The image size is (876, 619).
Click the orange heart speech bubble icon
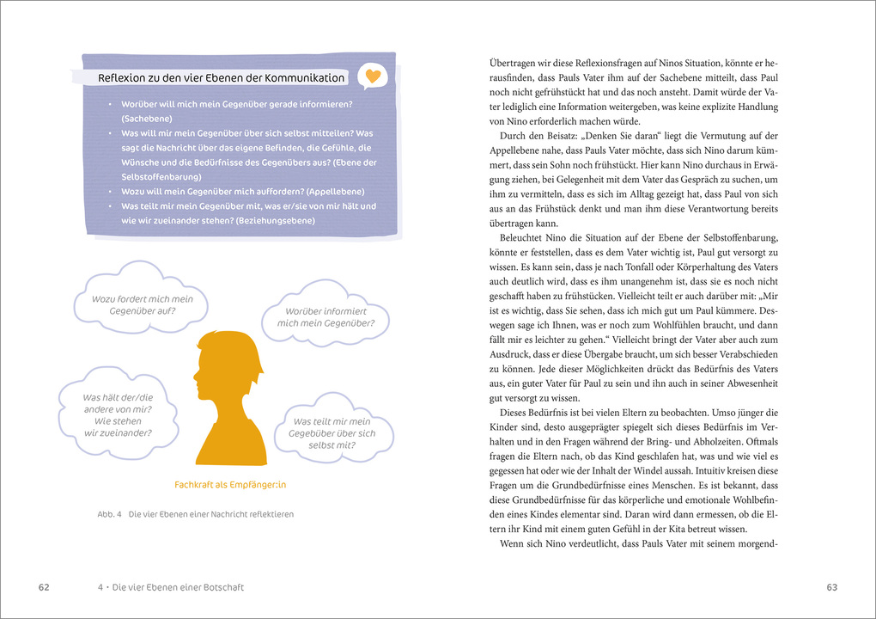(372, 77)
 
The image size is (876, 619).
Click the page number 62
(44, 587)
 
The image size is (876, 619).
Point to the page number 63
(831, 587)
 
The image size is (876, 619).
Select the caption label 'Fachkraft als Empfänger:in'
(230, 485)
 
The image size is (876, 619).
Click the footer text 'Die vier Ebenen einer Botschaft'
(177, 587)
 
